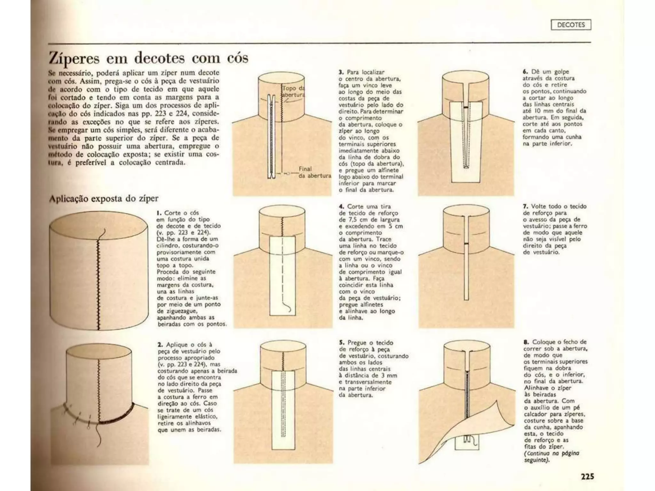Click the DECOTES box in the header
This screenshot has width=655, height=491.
pos(571,25)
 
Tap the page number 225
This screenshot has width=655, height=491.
pos(587,477)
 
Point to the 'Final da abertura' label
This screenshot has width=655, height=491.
pos(315,172)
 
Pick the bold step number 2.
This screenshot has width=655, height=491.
pos(160,345)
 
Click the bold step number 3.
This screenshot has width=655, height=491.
pos(341,72)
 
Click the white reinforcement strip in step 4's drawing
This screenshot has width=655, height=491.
pos(282,276)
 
